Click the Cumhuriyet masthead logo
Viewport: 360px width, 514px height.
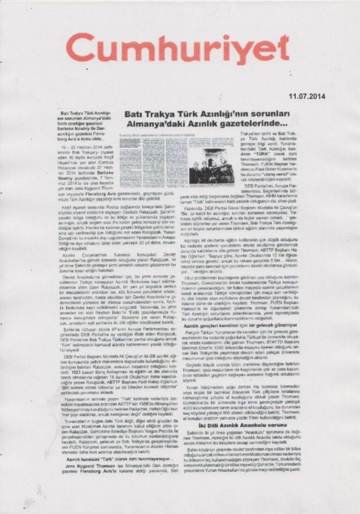[178, 51]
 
